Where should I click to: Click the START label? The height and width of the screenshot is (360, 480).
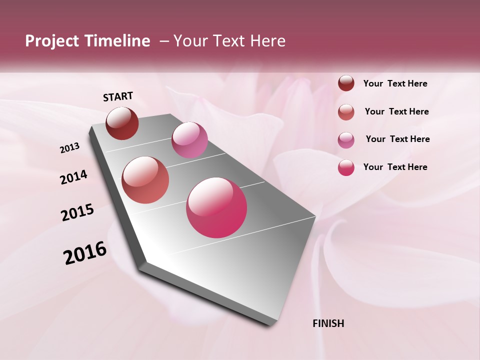(x=118, y=96)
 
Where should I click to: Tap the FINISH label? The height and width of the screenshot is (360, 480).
(x=328, y=323)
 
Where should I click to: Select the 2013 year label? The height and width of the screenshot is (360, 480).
(x=69, y=148)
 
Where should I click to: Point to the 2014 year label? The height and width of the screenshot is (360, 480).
(x=73, y=177)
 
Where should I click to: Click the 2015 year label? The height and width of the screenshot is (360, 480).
(x=77, y=212)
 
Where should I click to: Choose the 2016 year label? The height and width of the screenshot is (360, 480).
(x=85, y=253)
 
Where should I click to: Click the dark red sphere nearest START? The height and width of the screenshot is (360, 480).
(x=122, y=123)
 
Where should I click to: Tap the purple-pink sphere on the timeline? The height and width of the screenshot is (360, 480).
(x=189, y=140)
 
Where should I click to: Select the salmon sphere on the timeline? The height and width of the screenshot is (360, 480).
(x=145, y=180)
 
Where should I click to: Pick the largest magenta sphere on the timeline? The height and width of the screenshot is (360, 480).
(x=216, y=207)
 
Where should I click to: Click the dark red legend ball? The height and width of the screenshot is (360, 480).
(x=346, y=83)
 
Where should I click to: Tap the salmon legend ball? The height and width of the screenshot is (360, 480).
(x=346, y=112)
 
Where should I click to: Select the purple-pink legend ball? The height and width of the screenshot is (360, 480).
(x=346, y=140)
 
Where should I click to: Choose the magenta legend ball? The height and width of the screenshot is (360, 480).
(x=346, y=167)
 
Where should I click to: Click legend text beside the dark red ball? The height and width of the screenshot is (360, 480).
(x=395, y=84)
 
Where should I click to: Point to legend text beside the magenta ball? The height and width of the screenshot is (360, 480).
(x=395, y=167)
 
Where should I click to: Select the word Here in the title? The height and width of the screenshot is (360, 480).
(x=267, y=41)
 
